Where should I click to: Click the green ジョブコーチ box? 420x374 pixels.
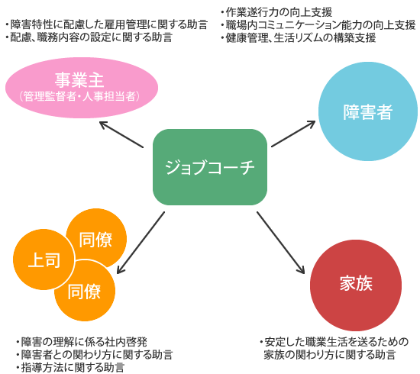(x=210, y=167)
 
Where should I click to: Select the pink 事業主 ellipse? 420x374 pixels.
(x=82, y=88)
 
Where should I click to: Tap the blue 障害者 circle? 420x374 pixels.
(x=368, y=111)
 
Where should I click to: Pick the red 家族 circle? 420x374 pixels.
(x=356, y=285)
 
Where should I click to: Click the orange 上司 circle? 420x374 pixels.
(x=44, y=260)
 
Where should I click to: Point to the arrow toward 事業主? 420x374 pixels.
(x=121, y=134)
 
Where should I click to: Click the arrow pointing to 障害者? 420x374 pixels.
(x=293, y=134)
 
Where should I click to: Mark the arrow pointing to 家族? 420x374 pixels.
(x=281, y=243)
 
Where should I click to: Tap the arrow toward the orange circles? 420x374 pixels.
(x=141, y=243)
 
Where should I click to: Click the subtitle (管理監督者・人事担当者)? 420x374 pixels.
(x=79, y=96)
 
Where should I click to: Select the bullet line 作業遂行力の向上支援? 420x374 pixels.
(x=276, y=12)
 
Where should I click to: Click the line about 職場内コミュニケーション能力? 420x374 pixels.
(x=318, y=25)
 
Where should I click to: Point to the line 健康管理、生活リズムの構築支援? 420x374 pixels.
(x=299, y=37)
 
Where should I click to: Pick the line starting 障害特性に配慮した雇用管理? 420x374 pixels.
(x=107, y=24)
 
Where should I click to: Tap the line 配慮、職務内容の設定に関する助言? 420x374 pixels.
(x=89, y=37)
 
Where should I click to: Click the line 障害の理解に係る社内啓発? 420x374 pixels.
(x=82, y=342)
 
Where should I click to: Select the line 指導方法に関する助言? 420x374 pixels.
(x=70, y=367)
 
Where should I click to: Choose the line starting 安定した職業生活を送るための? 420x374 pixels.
(x=334, y=342)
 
